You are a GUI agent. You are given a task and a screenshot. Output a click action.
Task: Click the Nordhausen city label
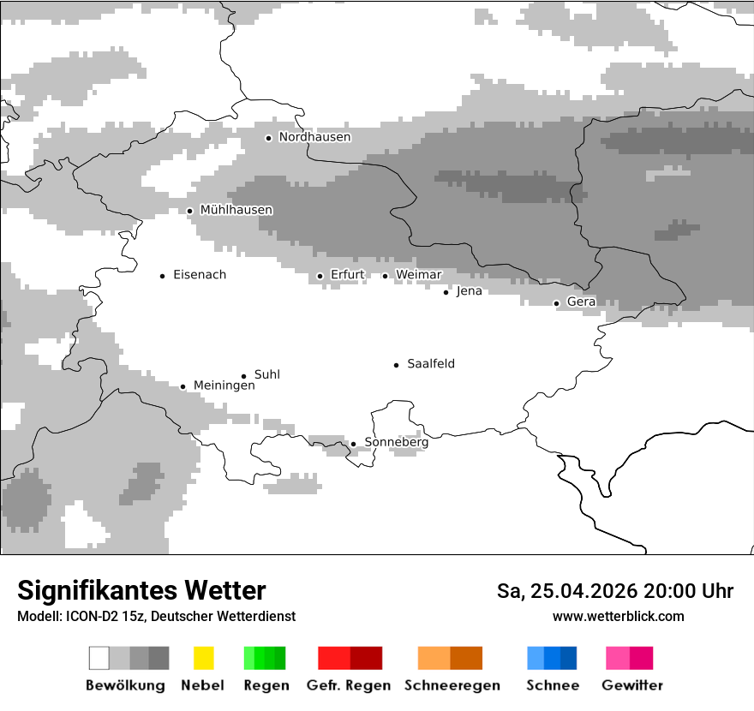click(314, 137)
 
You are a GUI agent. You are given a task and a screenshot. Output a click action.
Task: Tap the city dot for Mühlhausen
click(190, 211)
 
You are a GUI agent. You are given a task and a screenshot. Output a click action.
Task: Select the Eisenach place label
click(200, 275)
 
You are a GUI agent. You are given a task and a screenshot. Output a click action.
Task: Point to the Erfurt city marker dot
click(320, 276)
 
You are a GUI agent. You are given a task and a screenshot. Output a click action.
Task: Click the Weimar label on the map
click(418, 275)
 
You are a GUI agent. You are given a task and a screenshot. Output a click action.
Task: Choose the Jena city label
click(469, 291)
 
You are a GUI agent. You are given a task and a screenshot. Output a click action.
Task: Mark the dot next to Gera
click(556, 303)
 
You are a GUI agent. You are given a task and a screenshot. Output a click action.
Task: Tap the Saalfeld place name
click(430, 364)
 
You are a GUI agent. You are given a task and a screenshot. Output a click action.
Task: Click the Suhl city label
click(266, 375)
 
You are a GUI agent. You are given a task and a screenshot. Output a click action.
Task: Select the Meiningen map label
click(224, 385)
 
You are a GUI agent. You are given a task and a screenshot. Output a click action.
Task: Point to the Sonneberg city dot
click(353, 444)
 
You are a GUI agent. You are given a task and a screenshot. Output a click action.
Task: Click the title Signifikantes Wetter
click(141, 591)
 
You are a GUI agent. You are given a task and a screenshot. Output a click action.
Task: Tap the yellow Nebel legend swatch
click(203, 658)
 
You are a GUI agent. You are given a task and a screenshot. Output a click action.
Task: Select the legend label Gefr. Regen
click(348, 685)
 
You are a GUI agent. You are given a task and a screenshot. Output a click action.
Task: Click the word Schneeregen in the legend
click(452, 685)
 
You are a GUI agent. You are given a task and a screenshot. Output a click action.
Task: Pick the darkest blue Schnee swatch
click(569, 658)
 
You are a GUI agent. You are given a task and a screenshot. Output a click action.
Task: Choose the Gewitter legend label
click(631, 685)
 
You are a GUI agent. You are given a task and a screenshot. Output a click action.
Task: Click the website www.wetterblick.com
click(618, 617)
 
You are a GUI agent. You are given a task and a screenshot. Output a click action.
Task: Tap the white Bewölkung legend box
click(99, 658)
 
